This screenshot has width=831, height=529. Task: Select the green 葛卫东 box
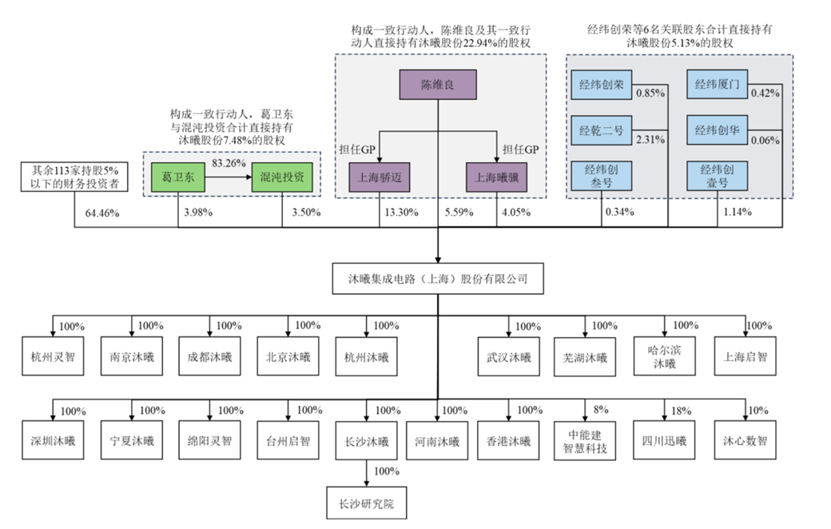[177, 177]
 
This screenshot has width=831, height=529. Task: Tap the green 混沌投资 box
[281, 177]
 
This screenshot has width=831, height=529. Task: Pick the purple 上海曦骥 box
[496, 177]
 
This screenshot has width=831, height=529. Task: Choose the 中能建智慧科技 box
[586, 441]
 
